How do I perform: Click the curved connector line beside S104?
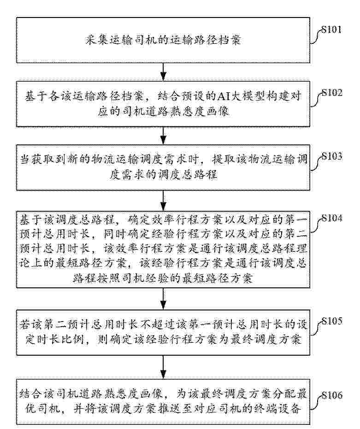pos(318,225)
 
